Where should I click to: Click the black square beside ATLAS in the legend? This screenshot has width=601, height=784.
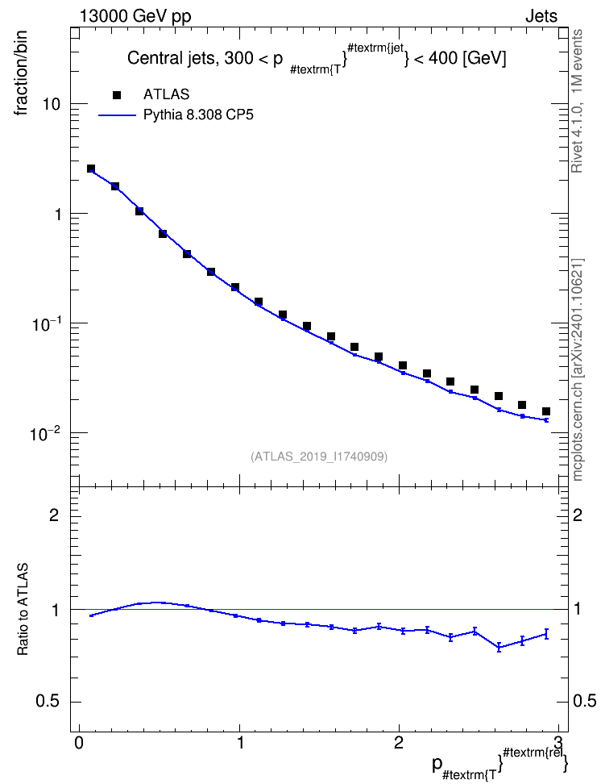(x=116, y=95)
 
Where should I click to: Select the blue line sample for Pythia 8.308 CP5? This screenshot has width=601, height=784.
(x=117, y=115)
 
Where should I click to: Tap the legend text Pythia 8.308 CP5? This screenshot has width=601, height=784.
(x=198, y=115)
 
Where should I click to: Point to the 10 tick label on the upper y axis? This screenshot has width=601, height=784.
(x=52, y=105)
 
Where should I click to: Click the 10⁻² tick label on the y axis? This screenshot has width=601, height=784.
(x=45, y=432)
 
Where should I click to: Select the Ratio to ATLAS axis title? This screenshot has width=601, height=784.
(x=23, y=610)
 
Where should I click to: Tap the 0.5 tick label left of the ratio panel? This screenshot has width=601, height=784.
(x=48, y=702)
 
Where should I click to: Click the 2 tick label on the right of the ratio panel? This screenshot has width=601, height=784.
(x=578, y=515)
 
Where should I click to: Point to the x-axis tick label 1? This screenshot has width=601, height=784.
(x=240, y=742)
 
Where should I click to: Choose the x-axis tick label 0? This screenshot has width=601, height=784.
(x=79, y=742)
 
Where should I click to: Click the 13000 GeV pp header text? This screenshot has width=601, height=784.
(x=135, y=16)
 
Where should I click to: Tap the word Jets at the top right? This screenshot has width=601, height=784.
(x=541, y=16)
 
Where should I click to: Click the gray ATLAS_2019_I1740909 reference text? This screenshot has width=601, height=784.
(x=319, y=457)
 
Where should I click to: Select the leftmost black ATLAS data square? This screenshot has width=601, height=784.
(x=91, y=169)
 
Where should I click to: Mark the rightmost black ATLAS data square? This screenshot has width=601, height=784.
(x=546, y=411)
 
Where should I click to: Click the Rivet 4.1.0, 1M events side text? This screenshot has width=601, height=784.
(x=577, y=101)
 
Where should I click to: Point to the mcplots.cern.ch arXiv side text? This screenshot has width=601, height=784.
(x=578, y=370)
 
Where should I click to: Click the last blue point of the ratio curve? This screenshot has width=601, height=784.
(x=546, y=634)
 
